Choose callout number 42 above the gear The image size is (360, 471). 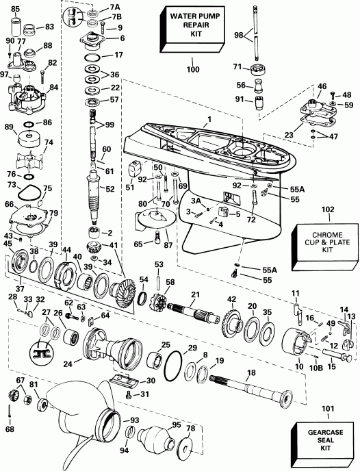coord(231,298)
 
